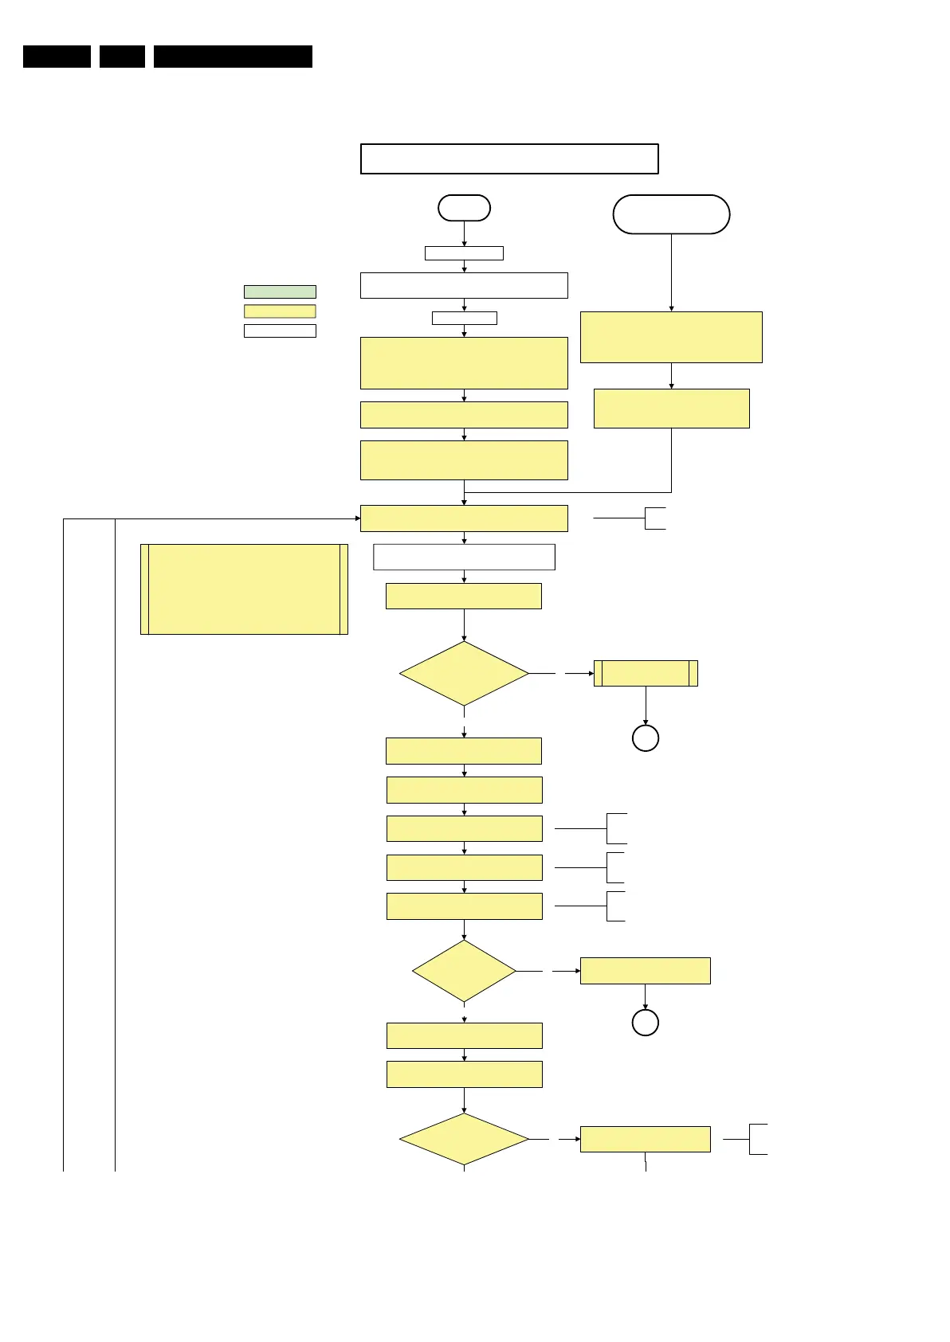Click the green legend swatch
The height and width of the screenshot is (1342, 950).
[280, 291]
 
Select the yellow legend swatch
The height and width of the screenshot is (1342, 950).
[280, 311]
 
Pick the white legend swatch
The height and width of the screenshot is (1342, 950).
[280, 331]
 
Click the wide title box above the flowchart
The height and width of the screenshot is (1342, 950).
[509, 158]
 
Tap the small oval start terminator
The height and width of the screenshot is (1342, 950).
[464, 208]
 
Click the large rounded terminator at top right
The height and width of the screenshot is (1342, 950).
[671, 214]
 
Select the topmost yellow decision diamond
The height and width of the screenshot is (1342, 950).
[464, 674]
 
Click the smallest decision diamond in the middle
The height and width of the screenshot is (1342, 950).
[464, 971]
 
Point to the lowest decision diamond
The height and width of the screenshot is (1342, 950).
[464, 1140]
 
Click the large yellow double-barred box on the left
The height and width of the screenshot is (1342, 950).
[244, 589]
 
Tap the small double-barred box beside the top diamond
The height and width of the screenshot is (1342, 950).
[646, 673]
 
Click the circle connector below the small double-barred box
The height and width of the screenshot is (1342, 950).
[646, 738]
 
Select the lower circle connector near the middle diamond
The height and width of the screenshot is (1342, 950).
[646, 1023]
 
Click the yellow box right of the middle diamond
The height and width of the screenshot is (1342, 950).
[646, 971]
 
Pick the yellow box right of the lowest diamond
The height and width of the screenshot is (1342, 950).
[646, 1139]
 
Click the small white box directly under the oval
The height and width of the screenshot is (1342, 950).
[464, 253]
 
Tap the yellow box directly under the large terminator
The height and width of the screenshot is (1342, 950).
[671, 338]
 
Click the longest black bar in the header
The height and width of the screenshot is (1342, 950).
[233, 57]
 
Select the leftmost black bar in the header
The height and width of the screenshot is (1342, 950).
[57, 57]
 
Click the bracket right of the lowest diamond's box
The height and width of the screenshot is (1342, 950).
[758, 1139]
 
